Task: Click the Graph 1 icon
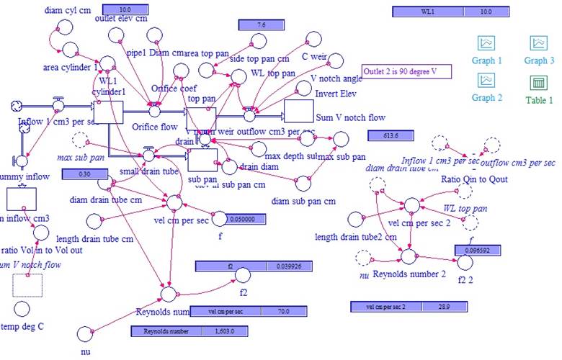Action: point(486,44)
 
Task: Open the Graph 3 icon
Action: point(539,44)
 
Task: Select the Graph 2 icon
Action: point(486,80)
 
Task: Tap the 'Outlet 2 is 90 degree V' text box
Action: point(406,71)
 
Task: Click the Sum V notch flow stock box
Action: point(308,112)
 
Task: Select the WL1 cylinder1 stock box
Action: point(108,112)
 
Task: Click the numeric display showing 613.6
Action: point(391,135)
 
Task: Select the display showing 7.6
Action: point(261,25)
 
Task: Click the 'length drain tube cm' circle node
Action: point(93,220)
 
